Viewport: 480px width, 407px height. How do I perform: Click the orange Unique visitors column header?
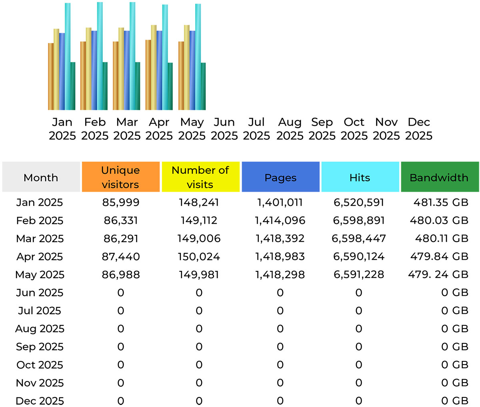click(x=120, y=177)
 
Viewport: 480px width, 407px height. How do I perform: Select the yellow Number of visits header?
click(x=200, y=177)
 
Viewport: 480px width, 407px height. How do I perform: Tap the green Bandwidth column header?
click(x=439, y=177)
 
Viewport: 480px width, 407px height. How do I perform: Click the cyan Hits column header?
click(x=360, y=177)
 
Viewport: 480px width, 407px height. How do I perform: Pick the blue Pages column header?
click(x=280, y=177)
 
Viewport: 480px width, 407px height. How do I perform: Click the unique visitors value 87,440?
click(x=121, y=257)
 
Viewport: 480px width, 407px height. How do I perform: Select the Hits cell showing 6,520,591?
click(x=359, y=202)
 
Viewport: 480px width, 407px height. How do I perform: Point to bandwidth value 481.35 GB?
click(x=440, y=202)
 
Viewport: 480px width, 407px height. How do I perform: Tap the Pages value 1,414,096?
click(x=280, y=221)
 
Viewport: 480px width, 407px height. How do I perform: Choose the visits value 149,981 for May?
click(x=199, y=275)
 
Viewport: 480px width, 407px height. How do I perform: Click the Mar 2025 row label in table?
click(x=40, y=239)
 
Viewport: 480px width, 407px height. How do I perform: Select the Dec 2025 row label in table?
click(x=40, y=401)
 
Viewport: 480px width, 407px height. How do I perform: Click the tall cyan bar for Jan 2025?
click(x=68, y=56)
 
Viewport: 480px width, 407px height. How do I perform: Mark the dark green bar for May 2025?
click(x=203, y=86)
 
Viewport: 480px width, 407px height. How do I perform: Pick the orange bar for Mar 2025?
click(x=116, y=76)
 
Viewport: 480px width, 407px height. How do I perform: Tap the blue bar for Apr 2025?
click(x=159, y=70)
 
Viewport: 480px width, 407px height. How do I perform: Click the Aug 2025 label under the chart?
click(x=290, y=129)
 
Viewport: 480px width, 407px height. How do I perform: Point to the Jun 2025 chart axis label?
click(x=224, y=129)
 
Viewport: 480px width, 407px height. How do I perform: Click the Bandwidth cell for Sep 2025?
click(x=454, y=347)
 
